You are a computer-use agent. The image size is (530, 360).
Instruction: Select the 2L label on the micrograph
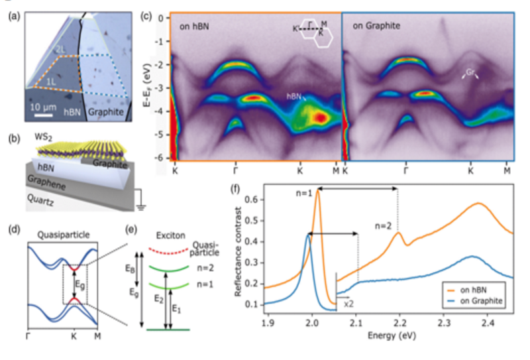point(61,50)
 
